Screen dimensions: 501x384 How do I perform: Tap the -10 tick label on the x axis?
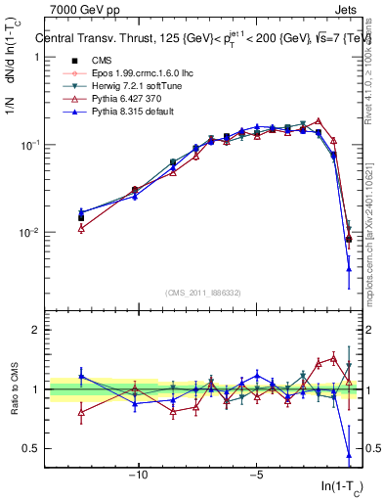tap(139, 477)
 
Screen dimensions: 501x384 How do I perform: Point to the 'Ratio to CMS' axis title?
tap(13, 394)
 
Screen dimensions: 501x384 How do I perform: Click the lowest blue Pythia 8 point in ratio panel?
tap(349, 455)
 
